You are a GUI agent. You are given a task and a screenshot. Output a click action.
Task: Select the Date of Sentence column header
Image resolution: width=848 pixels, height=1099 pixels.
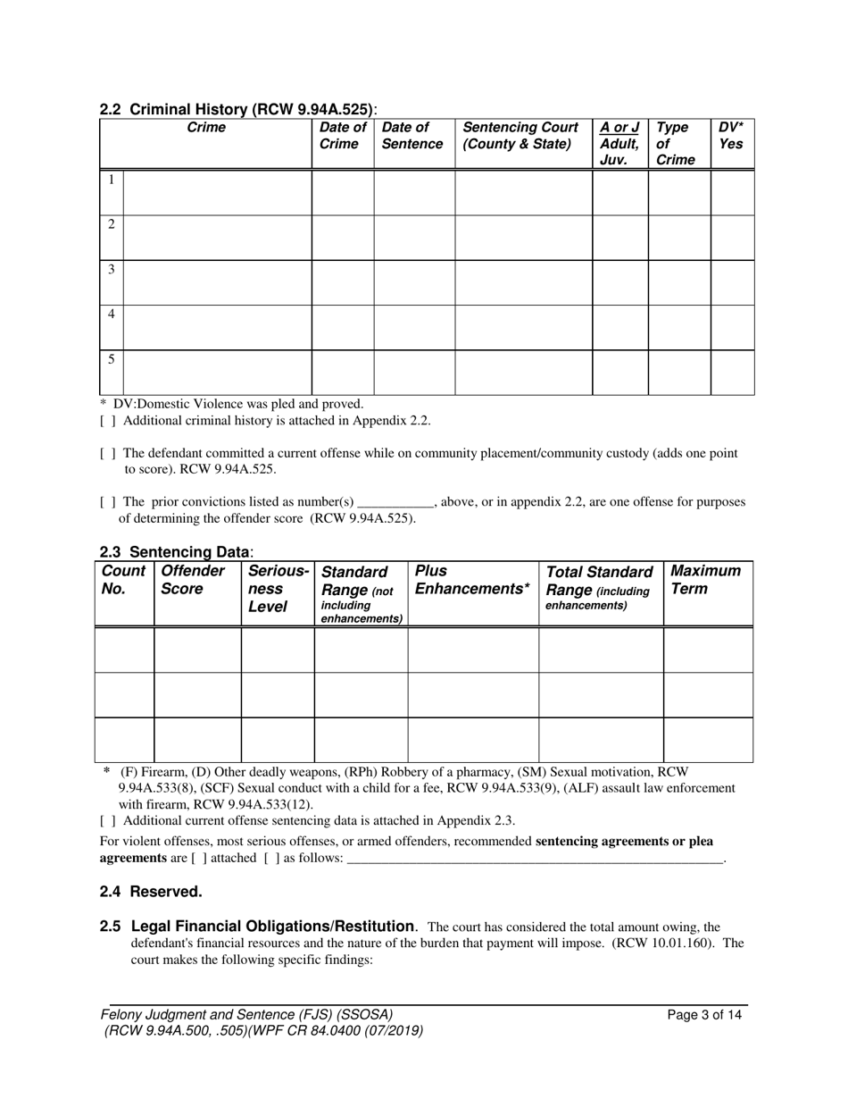(412, 136)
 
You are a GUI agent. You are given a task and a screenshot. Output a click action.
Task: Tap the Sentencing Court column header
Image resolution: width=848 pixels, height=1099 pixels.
(520, 136)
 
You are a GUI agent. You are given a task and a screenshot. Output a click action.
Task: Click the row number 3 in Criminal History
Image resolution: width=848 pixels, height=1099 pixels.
(111, 269)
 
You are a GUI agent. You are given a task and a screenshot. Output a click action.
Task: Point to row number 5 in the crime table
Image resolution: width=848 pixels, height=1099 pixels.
(111, 359)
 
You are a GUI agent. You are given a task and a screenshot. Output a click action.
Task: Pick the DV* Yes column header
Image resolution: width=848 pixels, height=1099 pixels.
(731, 136)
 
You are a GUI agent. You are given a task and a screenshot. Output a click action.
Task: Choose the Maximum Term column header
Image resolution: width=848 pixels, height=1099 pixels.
(705, 580)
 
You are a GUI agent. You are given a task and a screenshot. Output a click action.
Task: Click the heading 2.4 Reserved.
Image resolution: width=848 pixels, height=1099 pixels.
(151, 892)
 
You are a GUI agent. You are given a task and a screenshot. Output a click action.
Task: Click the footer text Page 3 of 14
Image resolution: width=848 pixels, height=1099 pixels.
(704, 1015)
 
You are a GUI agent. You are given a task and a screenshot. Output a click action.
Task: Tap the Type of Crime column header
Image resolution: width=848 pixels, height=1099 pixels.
(675, 144)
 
